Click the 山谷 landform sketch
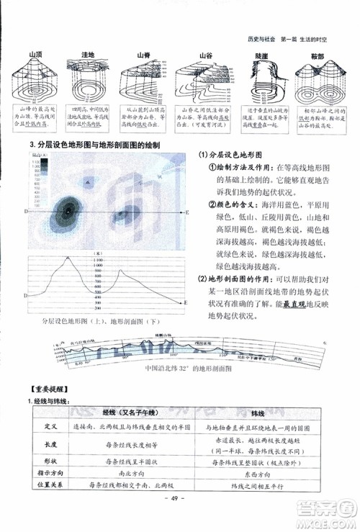coord(203,82)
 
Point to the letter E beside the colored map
coord(187,212)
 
